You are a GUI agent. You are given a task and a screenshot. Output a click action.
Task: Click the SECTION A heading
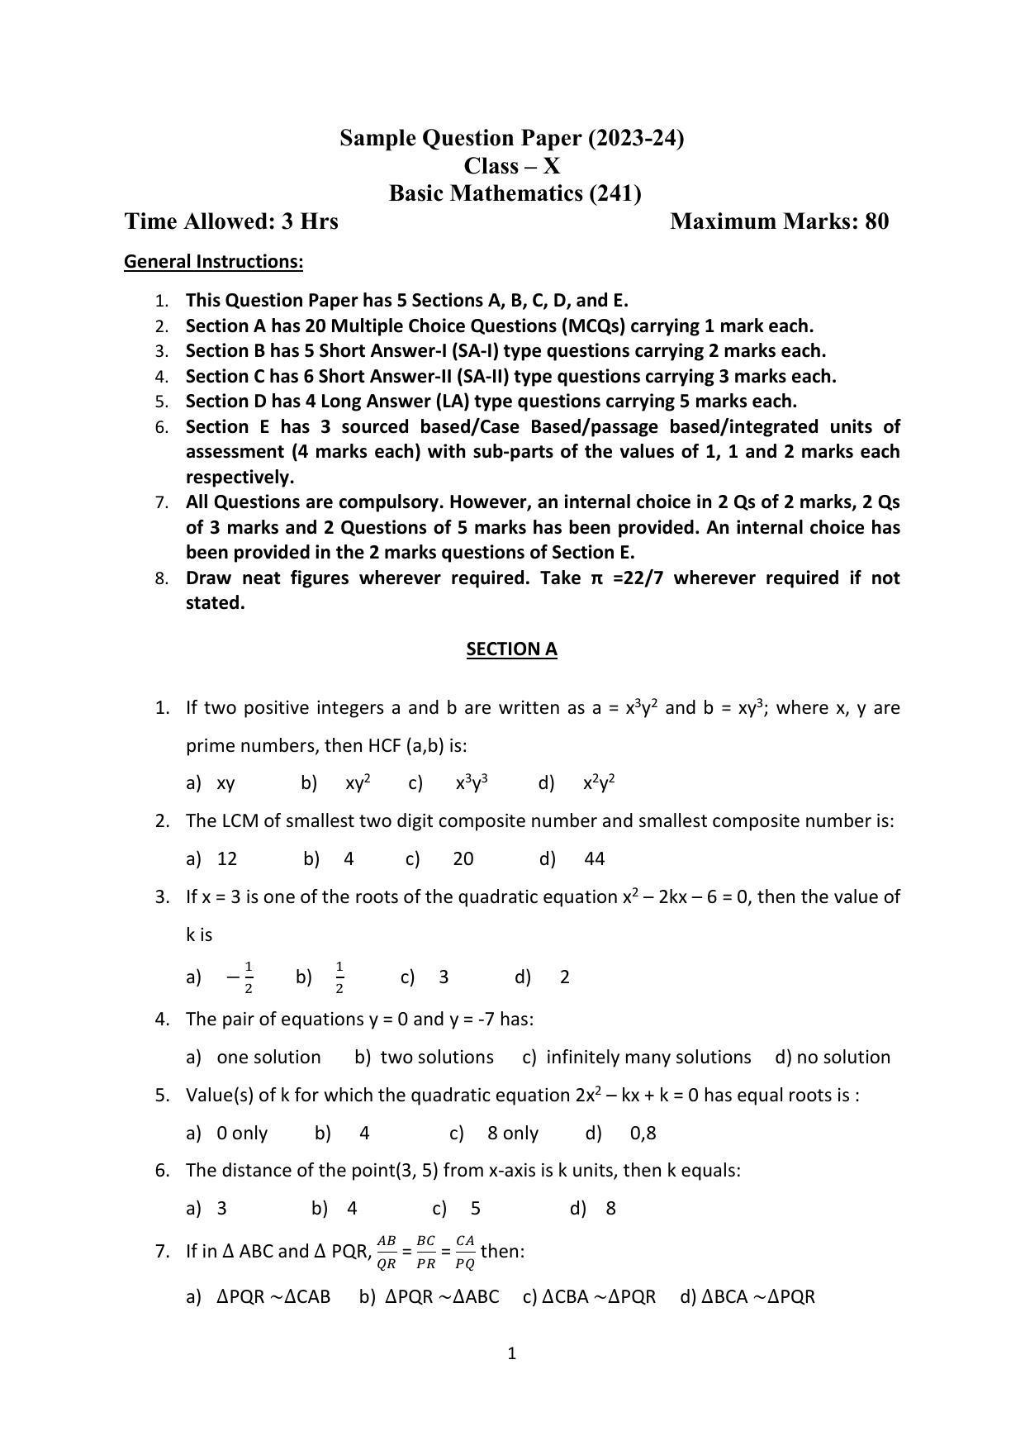(x=511, y=649)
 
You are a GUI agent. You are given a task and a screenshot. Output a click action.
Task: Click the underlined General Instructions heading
(x=213, y=262)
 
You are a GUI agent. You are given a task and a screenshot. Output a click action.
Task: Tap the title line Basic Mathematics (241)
(x=515, y=193)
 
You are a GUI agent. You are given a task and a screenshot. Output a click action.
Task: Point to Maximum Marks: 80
(x=779, y=221)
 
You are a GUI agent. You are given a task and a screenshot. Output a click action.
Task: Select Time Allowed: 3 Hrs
(x=231, y=221)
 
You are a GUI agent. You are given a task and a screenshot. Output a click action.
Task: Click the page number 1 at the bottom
(x=512, y=1353)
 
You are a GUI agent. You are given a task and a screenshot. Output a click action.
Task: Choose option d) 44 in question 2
(x=594, y=859)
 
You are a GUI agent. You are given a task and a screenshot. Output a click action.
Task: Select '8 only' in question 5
(x=512, y=1134)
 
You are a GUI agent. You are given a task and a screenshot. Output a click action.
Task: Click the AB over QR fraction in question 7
(x=387, y=1252)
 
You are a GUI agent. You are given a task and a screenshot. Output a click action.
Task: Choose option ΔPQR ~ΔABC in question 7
(x=442, y=1297)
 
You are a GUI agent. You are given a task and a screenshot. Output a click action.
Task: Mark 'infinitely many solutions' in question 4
(x=648, y=1058)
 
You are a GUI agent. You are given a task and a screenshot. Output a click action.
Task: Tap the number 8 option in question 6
(x=610, y=1209)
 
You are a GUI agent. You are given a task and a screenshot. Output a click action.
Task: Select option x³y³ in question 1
(x=472, y=783)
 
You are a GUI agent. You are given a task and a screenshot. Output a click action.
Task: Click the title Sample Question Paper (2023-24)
(x=511, y=138)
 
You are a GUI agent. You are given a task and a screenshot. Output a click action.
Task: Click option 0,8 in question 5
(x=643, y=1134)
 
